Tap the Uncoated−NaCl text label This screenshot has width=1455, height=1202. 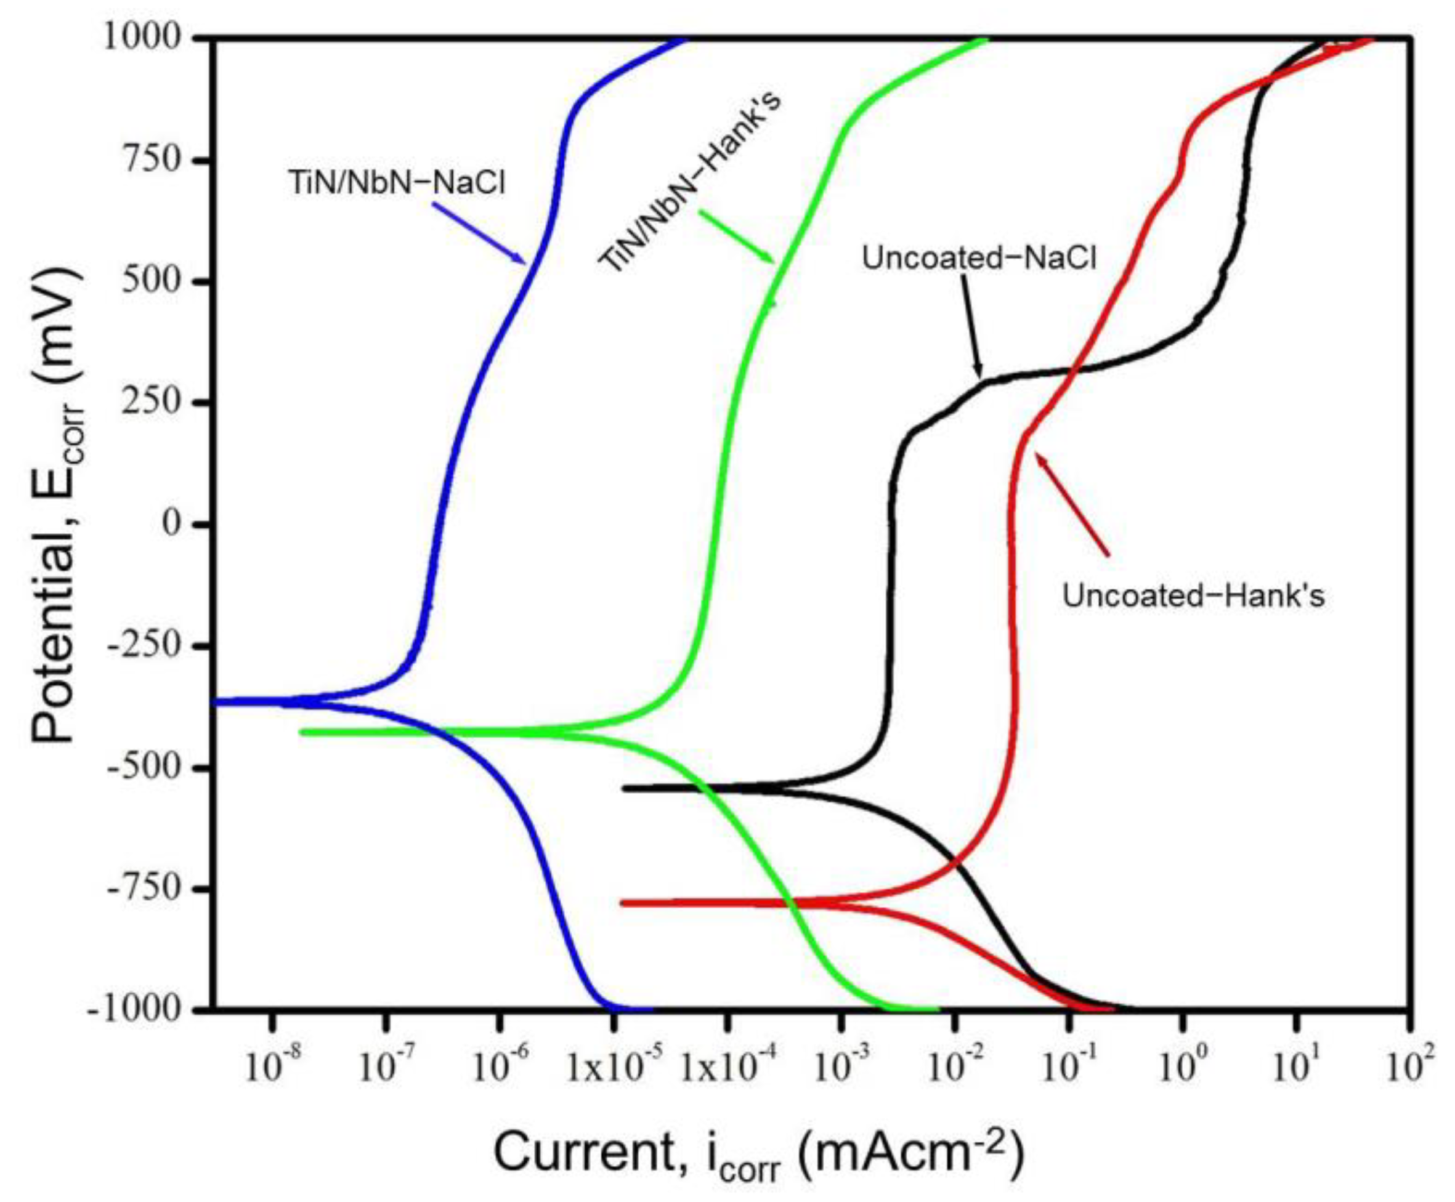coord(979,258)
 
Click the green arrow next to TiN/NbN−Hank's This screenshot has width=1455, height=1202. coord(737,237)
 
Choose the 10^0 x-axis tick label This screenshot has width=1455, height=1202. coord(1184,1068)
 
